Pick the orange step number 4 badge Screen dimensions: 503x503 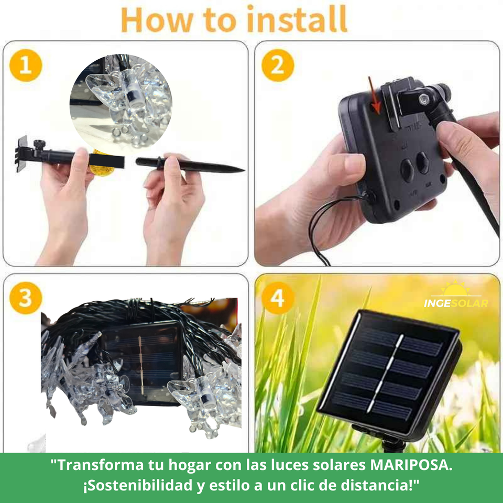tap(278, 298)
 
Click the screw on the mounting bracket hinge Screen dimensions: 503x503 tap(422, 97)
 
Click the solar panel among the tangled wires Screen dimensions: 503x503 tap(141, 362)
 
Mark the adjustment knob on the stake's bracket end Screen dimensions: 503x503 tap(38, 144)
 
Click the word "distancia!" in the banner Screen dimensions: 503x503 tap(385, 485)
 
